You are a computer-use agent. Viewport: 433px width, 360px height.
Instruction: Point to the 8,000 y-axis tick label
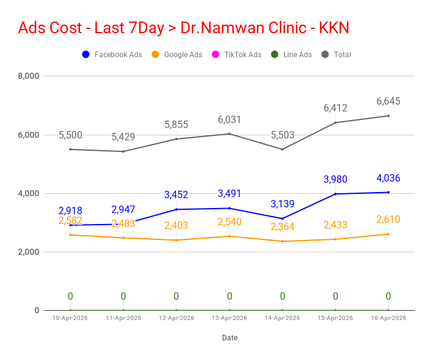[x=28, y=76]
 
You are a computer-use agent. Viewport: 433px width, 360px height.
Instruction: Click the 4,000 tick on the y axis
[x=28, y=194]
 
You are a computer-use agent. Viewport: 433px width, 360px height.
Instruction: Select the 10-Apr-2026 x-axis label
[x=70, y=318]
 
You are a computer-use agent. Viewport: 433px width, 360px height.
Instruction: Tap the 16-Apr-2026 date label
[x=388, y=318]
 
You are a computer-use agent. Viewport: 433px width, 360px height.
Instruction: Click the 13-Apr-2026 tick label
[x=229, y=318]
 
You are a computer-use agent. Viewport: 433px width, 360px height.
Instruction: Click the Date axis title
[x=229, y=338]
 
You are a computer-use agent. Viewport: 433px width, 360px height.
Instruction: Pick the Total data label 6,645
[x=388, y=101]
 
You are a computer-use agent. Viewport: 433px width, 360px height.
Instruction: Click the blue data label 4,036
[x=388, y=178]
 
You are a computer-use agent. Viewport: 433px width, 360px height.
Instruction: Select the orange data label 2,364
[x=282, y=226]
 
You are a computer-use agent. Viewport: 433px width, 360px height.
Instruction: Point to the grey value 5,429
[x=123, y=137]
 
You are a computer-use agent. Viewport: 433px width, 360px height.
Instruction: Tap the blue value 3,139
[x=282, y=204]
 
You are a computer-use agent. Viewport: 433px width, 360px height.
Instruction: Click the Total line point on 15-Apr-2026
[x=335, y=122]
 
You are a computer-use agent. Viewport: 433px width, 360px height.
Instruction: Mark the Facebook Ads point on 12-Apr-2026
[x=177, y=209]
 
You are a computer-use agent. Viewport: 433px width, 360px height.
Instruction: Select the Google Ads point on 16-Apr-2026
[x=388, y=234]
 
